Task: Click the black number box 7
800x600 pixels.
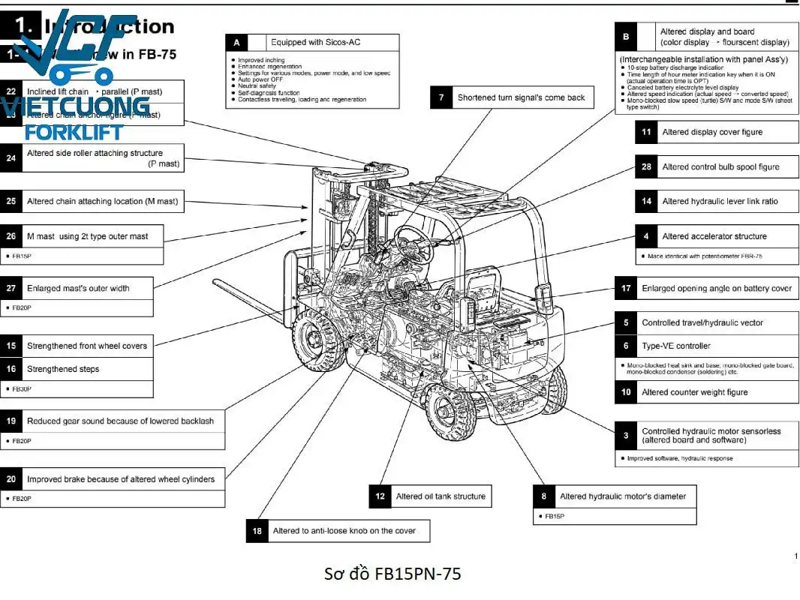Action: coord(441,97)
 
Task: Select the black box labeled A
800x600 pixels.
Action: coord(236,43)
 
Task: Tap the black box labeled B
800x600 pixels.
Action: coord(626,36)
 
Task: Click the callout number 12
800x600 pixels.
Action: coord(380,496)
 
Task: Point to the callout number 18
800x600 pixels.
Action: coord(257,531)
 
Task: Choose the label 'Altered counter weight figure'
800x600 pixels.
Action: coord(694,392)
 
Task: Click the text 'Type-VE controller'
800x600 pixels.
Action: coord(675,346)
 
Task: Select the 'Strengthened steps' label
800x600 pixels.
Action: coord(63,369)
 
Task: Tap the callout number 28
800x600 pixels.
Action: coord(646,167)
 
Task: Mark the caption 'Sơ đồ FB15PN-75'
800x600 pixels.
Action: coord(392,574)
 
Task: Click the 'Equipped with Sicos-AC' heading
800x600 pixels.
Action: coord(315,43)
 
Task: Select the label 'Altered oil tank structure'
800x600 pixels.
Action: coord(441,496)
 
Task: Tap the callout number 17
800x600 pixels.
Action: coord(626,289)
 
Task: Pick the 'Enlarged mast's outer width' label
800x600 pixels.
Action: coord(78,289)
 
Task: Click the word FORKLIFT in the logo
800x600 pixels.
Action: coord(74,133)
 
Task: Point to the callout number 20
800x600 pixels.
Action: coord(11,479)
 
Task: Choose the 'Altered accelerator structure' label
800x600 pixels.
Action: coord(714,236)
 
